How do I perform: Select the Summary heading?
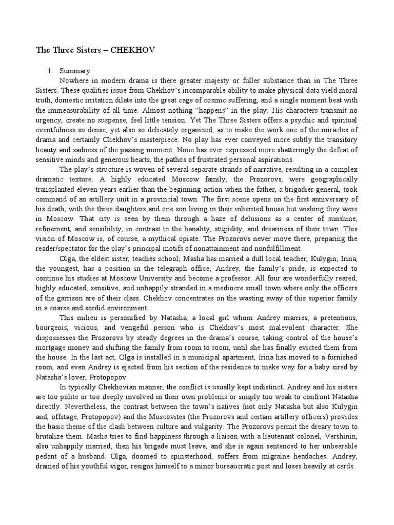coord(75,71)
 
